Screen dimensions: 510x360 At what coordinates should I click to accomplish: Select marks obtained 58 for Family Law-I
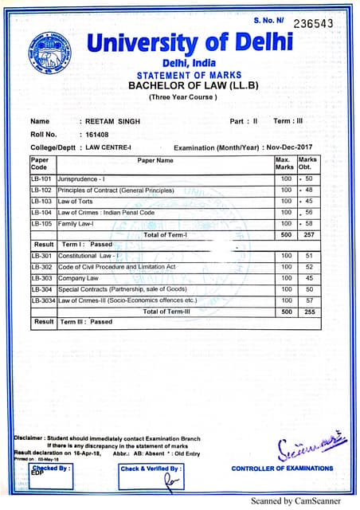[x=308, y=224]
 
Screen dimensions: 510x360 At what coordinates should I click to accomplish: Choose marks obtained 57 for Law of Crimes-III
[x=308, y=300]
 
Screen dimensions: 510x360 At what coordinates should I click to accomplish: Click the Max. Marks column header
[x=284, y=163]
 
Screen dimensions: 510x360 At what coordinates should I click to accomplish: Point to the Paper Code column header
[x=40, y=163]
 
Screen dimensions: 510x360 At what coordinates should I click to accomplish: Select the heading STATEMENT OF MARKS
[x=179, y=75]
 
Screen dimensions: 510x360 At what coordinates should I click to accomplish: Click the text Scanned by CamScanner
[x=295, y=501]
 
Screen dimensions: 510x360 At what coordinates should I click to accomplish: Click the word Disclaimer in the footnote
[x=30, y=437]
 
